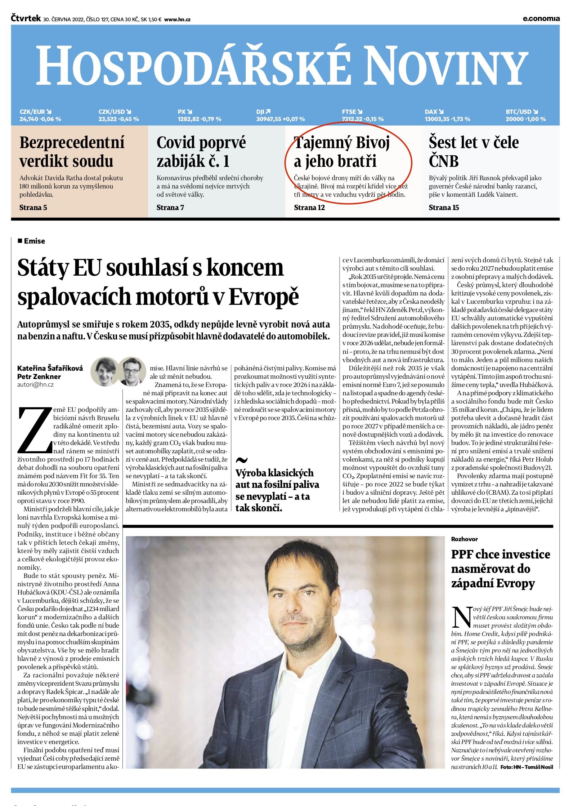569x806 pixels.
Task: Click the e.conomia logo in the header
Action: (x=541, y=19)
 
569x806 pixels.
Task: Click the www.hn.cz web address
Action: (x=177, y=20)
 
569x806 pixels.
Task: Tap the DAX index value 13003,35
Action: (x=437, y=119)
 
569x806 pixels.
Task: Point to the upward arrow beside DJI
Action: (x=268, y=112)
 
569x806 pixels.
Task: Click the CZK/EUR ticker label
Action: (x=32, y=112)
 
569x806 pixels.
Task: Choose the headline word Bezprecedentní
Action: (x=72, y=143)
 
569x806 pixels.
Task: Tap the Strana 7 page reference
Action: (x=170, y=208)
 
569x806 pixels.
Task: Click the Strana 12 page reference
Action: (x=309, y=208)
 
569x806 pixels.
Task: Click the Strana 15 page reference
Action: (x=444, y=208)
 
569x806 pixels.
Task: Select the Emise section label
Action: (x=34, y=241)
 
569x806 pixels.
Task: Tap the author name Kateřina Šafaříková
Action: (x=50, y=368)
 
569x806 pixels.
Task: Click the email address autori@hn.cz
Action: (x=35, y=384)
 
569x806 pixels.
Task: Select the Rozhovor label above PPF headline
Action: (x=464, y=539)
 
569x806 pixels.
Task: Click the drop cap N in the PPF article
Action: (x=461, y=617)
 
